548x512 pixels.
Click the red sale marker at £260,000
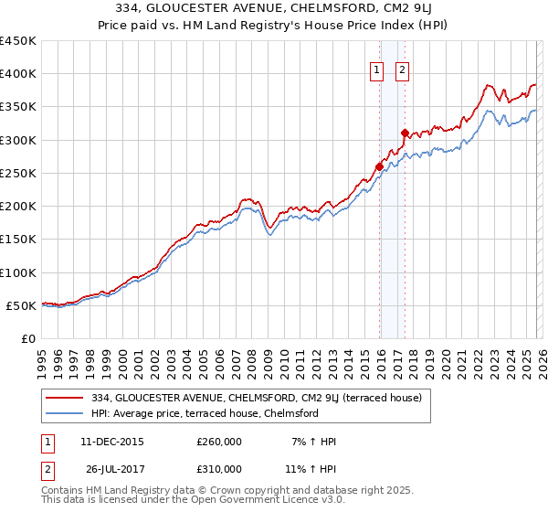379,166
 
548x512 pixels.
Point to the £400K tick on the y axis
18,74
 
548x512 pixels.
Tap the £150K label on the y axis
18,240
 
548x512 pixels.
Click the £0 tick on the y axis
28,338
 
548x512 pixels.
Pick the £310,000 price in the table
219,469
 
